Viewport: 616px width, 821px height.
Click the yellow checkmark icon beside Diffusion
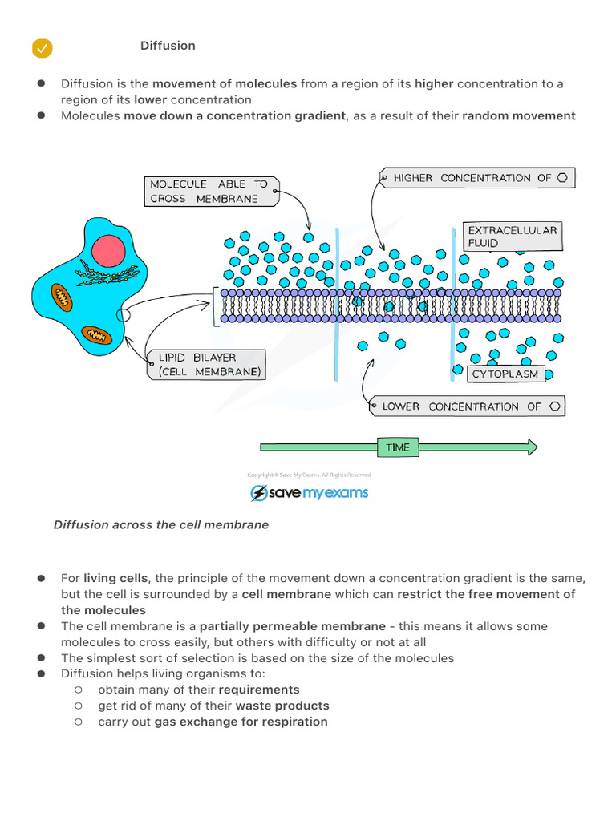tap(42, 48)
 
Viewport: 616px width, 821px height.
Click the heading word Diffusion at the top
tap(168, 46)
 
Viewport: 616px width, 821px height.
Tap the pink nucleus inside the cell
tap(108, 251)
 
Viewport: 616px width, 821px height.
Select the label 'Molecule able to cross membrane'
tap(211, 192)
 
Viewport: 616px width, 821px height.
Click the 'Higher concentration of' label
tap(477, 178)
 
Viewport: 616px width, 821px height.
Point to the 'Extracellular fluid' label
tap(513, 237)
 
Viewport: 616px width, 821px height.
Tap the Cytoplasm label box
tap(505, 374)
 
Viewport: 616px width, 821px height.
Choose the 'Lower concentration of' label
tap(468, 406)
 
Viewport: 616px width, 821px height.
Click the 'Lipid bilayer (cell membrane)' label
tap(206, 365)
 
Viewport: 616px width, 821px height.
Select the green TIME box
tap(398, 447)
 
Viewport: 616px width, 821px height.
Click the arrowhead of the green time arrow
tap(533, 447)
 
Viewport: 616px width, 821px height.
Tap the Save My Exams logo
tap(309, 493)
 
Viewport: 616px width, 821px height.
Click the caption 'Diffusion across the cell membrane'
tap(160, 524)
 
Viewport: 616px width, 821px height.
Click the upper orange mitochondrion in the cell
tap(62, 298)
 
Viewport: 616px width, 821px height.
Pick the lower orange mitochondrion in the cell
tap(96, 334)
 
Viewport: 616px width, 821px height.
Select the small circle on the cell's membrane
tap(123, 314)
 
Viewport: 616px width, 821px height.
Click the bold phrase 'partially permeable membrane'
tap(293, 626)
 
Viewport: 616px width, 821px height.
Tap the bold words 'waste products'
tap(282, 706)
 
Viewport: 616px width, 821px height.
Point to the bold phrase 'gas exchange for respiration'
tap(241, 722)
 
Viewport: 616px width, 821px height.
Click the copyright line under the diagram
tap(309, 475)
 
